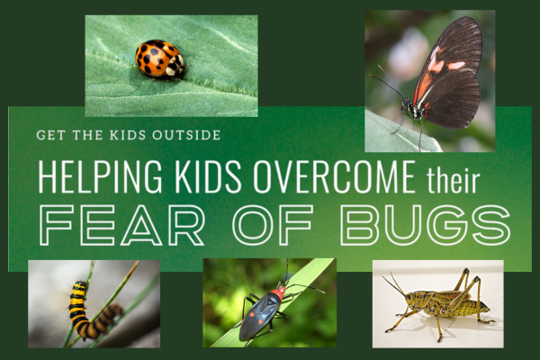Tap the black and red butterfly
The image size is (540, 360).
click(445, 76)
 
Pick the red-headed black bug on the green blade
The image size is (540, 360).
click(263, 310)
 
